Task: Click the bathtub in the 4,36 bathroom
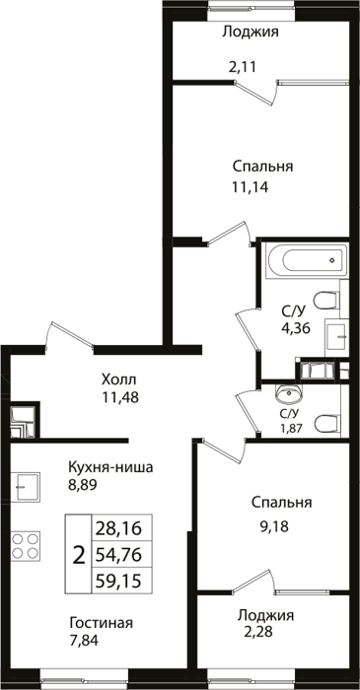[x=307, y=260]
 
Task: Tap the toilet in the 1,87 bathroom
[x=327, y=423]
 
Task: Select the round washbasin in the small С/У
[x=289, y=394]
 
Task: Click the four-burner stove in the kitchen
[x=25, y=546]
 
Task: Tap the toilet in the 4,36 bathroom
[x=327, y=301]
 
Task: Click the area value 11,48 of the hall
[x=120, y=397]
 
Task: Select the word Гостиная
[x=102, y=623]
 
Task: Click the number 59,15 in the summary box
[x=117, y=582]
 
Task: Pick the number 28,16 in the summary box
[x=117, y=527]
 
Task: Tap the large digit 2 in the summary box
[x=78, y=555]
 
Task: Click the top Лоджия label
[x=251, y=33]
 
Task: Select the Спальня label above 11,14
[x=262, y=168]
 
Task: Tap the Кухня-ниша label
[x=110, y=467]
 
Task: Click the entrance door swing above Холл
[x=69, y=336]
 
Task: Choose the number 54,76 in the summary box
[x=117, y=555]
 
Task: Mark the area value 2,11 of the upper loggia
[x=242, y=67]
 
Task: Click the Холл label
[x=118, y=379]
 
